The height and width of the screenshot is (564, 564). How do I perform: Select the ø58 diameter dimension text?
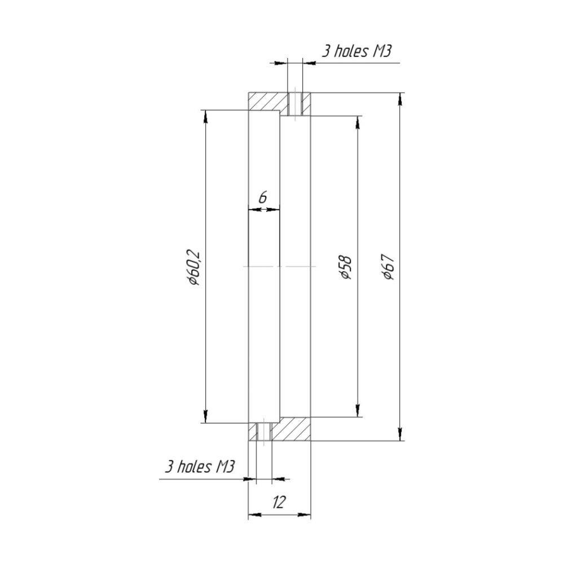point(346,267)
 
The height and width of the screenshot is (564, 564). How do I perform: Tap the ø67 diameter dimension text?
point(389,267)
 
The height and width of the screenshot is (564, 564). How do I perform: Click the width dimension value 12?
point(279,502)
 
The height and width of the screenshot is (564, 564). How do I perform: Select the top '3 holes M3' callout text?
point(356,51)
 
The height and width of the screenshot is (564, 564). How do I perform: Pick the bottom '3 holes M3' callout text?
point(200,467)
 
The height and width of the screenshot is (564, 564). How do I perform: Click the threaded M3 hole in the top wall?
point(295,104)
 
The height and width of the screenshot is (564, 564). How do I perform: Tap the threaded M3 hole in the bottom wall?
point(264,431)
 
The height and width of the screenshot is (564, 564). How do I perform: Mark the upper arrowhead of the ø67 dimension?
point(400,99)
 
